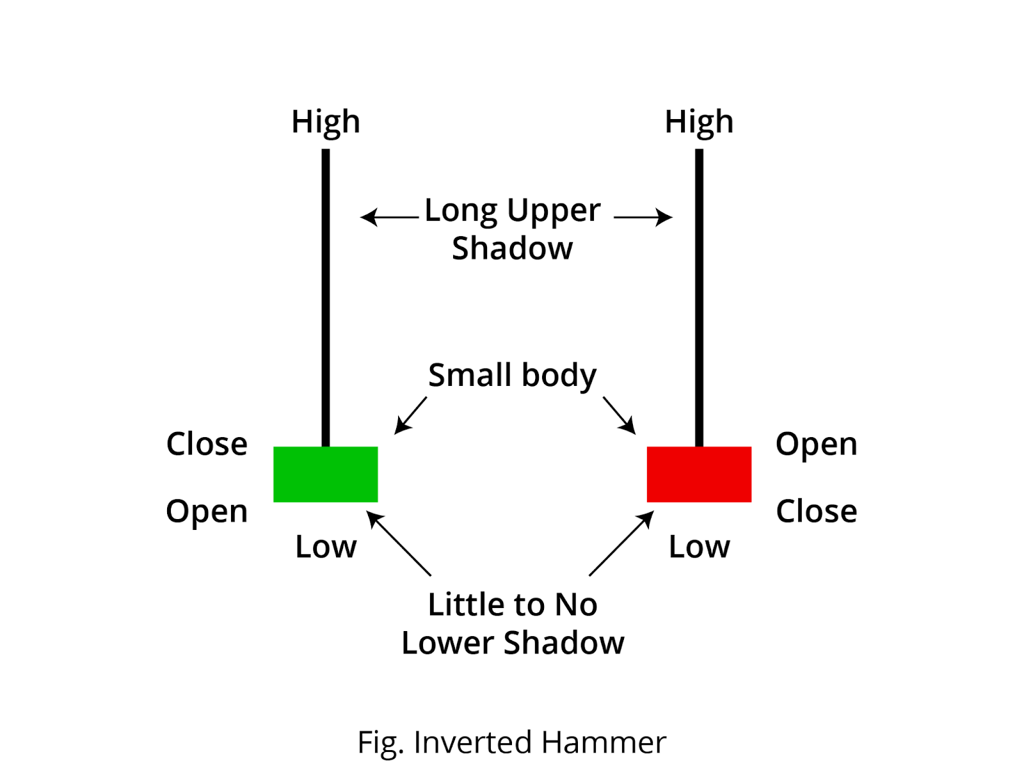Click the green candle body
pos(325,474)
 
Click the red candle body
pos(699,474)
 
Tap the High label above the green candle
pos(326,122)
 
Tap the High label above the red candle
pos(699,122)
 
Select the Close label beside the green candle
pos(207,444)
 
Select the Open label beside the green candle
pos(207,511)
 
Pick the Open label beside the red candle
pos(816,444)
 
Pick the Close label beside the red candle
pos(816,511)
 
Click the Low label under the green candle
pos(326,547)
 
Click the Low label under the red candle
pos(699,547)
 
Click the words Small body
pos(512,375)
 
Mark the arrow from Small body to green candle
pos(410,416)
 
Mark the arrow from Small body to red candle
pos(619,416)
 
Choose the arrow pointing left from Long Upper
pos(389,218)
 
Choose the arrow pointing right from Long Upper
pos(643,218)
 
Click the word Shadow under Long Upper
pos(512,248)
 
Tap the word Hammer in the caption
pos(604,742)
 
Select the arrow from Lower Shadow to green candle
pos(399,543)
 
